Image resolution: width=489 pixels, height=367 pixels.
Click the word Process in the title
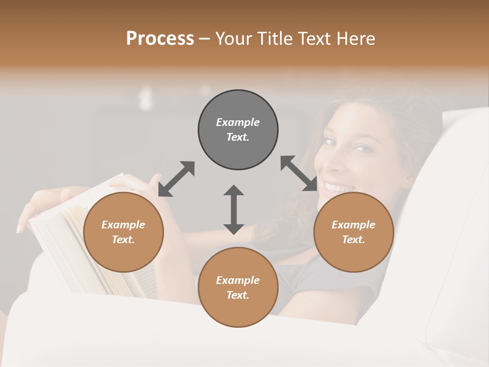coord(160,39)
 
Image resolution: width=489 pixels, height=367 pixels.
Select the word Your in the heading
coord(234,39)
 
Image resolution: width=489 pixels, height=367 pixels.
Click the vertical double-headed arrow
coord(234,209)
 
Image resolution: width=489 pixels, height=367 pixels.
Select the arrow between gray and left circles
coord(176,179)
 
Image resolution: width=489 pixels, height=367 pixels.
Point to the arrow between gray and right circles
coord(299,173)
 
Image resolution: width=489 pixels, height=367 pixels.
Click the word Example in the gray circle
coord(238,122)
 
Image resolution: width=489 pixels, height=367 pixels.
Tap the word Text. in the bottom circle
coord(238,295)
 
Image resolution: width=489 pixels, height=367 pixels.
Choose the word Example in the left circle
coord(123,225)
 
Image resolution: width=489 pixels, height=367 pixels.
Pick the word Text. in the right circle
coord(354,240)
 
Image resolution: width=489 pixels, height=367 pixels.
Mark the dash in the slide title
coord(204,39)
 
